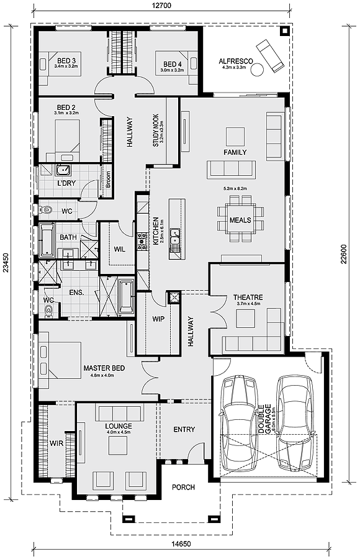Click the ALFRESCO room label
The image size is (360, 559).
[236, 61]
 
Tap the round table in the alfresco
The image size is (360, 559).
[258, 69]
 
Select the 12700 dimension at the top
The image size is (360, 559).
[161, 6]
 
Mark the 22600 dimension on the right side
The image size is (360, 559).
[343, 255]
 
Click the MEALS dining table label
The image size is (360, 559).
[240, 220]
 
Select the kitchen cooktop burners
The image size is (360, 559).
[142, 240]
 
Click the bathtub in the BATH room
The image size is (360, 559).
[47, 240]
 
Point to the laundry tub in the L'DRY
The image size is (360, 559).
[63, 170]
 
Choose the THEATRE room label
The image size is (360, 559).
[248, 297]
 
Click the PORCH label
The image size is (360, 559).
[183, 487]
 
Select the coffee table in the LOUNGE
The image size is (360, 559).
[118, 445]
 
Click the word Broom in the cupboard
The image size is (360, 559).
[107, 180]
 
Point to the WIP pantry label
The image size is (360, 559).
[158, 319]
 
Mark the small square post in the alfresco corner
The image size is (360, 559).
[284, 32]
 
